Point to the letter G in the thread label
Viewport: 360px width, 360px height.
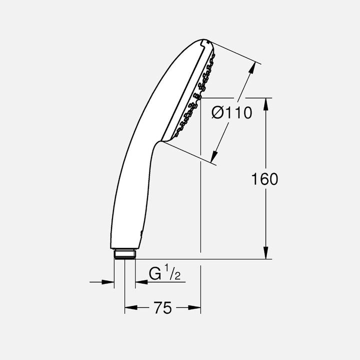point(155,274)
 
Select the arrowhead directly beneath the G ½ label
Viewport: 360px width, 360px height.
point(140,282)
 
